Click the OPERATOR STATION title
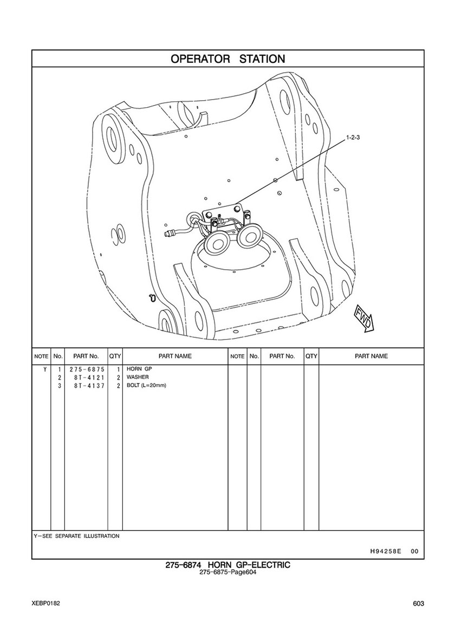[227, 58]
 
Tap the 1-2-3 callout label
[352, 138]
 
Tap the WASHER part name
[138, 378]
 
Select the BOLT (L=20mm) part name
[146, 386]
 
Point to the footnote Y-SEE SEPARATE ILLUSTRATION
[76, 536]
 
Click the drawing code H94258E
[385, 551]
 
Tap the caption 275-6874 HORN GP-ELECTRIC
[227, 565]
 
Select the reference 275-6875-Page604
[227, 573]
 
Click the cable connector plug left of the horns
[168, 234]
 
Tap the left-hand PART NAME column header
[175, 356]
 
